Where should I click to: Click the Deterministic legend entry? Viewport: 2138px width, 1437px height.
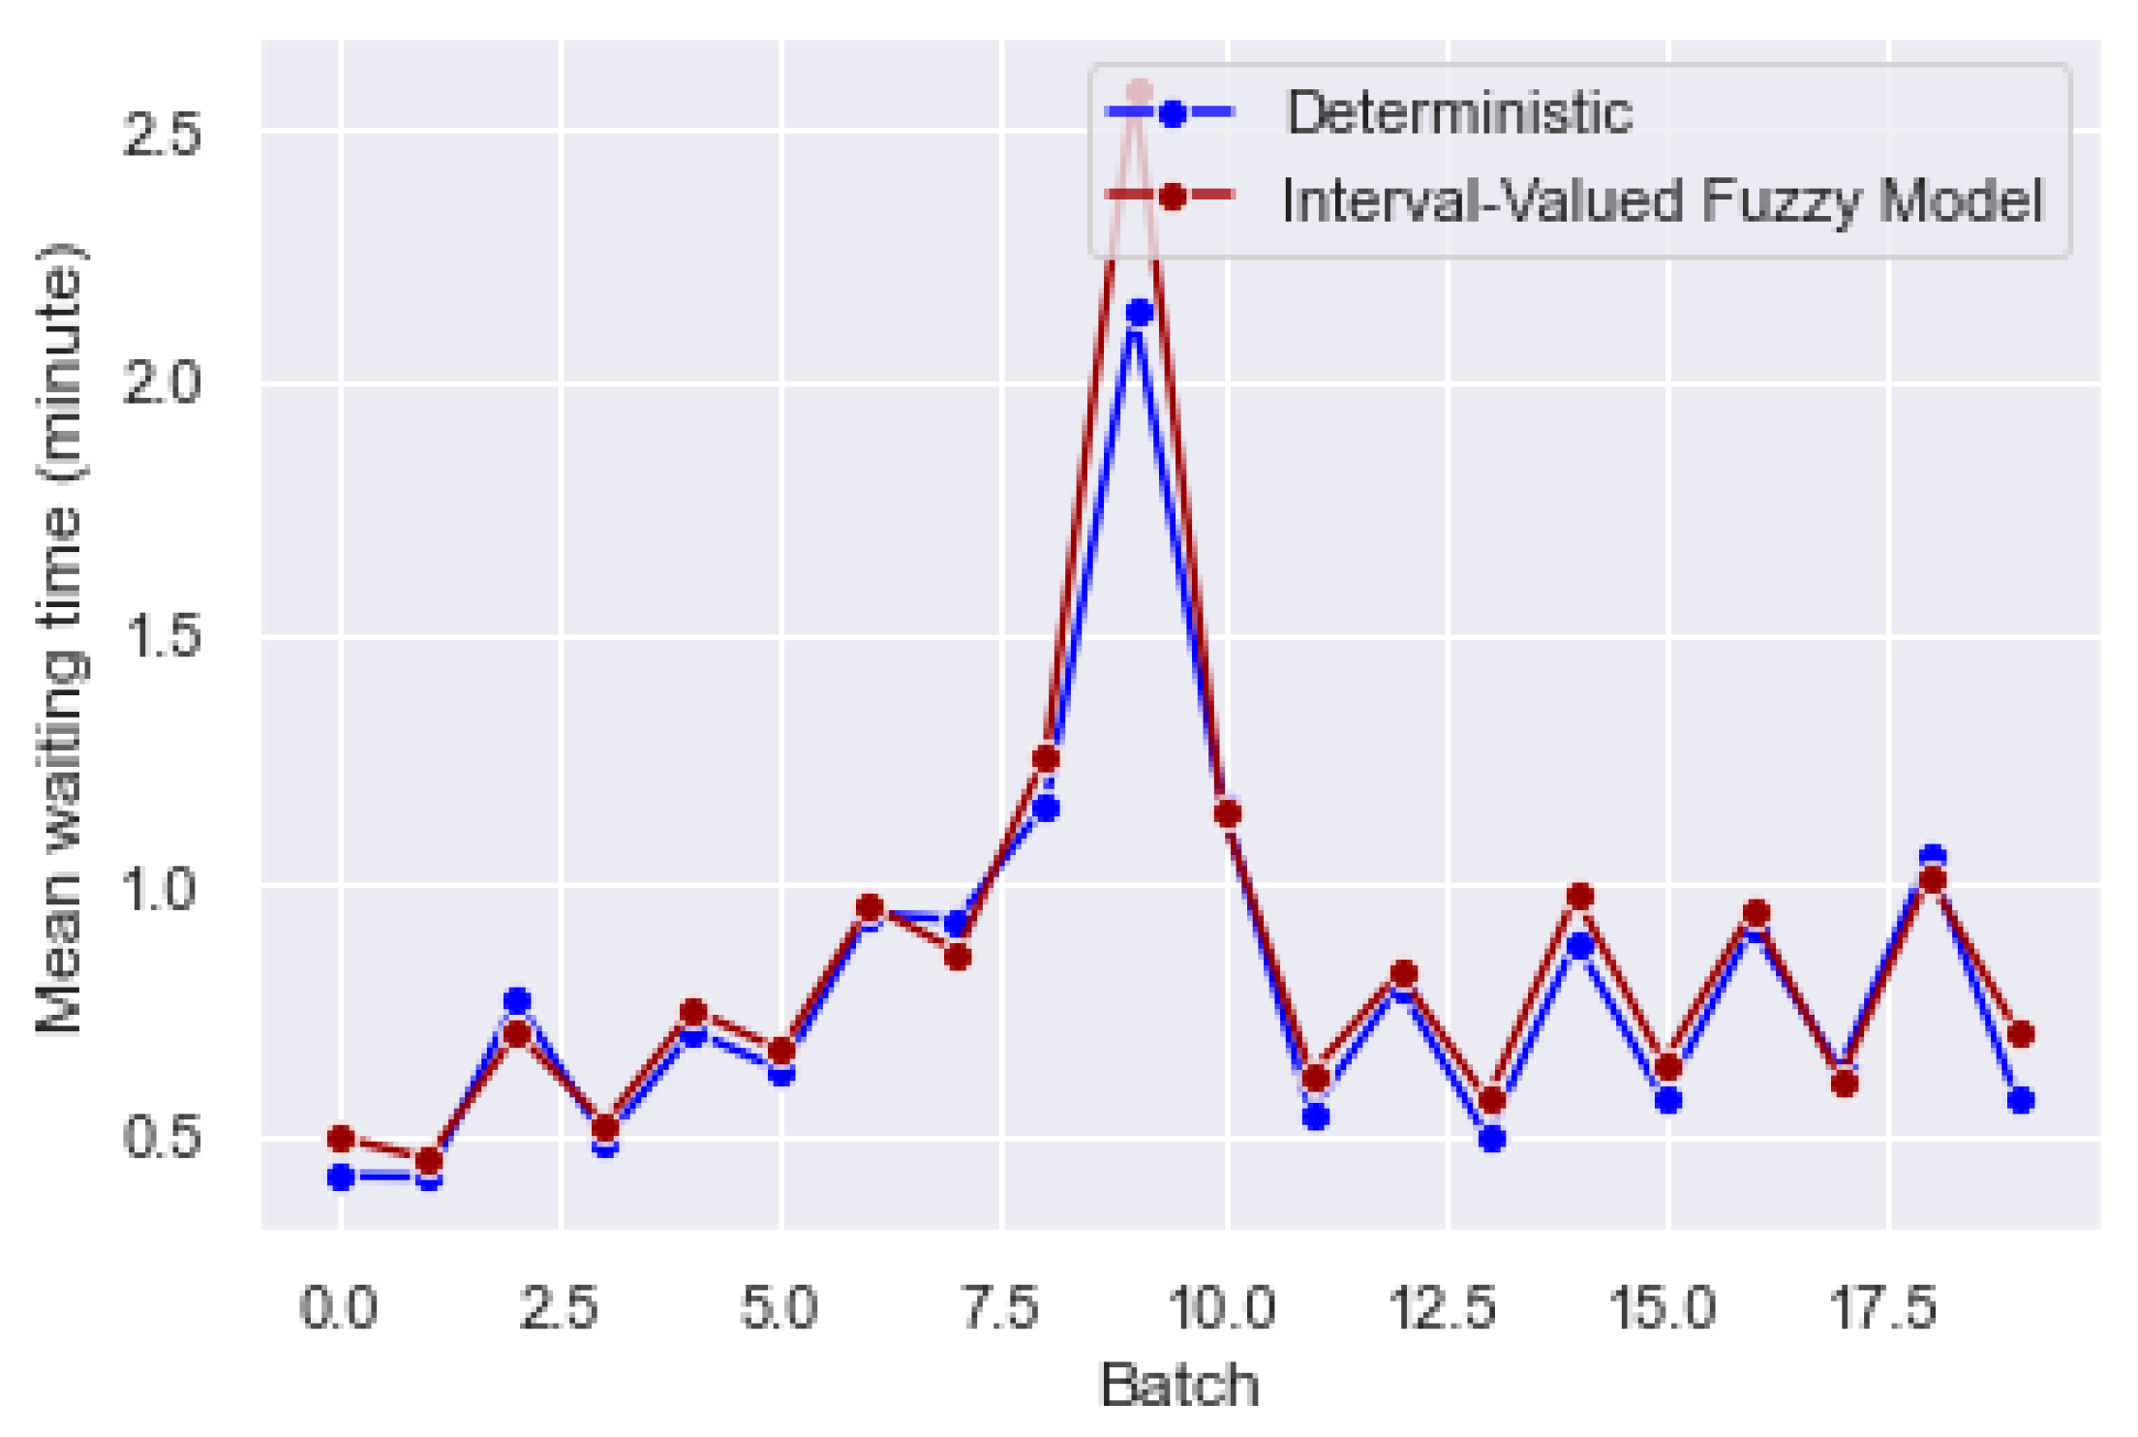point(1457,113)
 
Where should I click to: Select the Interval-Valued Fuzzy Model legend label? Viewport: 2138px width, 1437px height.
point(1662,200)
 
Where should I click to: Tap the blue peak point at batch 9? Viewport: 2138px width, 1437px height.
point(1139,313)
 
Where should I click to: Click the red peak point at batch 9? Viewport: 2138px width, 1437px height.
point(1139,93)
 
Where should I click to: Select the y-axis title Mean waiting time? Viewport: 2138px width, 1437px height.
point(60,639)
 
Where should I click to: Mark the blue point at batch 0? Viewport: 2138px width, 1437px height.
point(340,1177)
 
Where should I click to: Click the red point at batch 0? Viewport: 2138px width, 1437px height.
point(340,1138)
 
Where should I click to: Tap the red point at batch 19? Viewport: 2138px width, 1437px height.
point(2020,1034)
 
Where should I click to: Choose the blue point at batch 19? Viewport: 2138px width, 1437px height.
point(2020,1100)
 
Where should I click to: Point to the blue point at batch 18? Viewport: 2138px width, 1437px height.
point(1933,857)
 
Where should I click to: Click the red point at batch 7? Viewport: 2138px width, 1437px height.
point(958,957)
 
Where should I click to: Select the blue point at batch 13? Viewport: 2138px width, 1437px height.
point(1492,1139)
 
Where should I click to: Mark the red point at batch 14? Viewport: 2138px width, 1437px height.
point(1580,896)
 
